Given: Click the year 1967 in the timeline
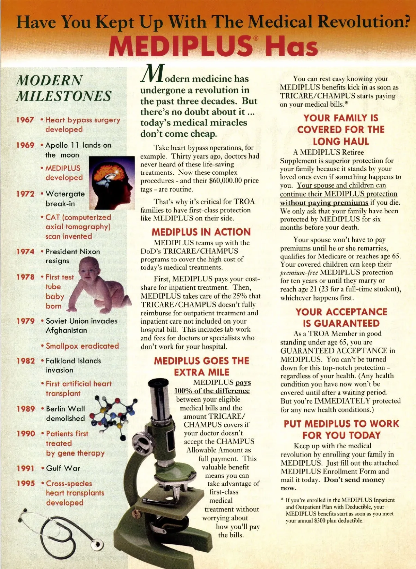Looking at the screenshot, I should point(25,120).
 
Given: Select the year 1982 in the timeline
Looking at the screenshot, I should point(26,361).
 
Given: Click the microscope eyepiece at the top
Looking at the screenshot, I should point(158,384).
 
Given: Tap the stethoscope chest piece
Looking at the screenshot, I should point(97,544).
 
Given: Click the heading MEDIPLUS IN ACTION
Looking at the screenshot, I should point(201,232).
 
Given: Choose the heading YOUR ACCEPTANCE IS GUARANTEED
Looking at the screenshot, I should point(341,317).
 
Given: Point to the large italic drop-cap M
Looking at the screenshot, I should point(152,74).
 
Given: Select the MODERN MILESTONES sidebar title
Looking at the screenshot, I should point(64,88).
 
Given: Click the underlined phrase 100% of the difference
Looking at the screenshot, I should point(212,391).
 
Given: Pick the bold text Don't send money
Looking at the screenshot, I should point(354,480).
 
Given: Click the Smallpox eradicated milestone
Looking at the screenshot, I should point(82,346).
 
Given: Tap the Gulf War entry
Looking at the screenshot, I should point(63,468).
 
